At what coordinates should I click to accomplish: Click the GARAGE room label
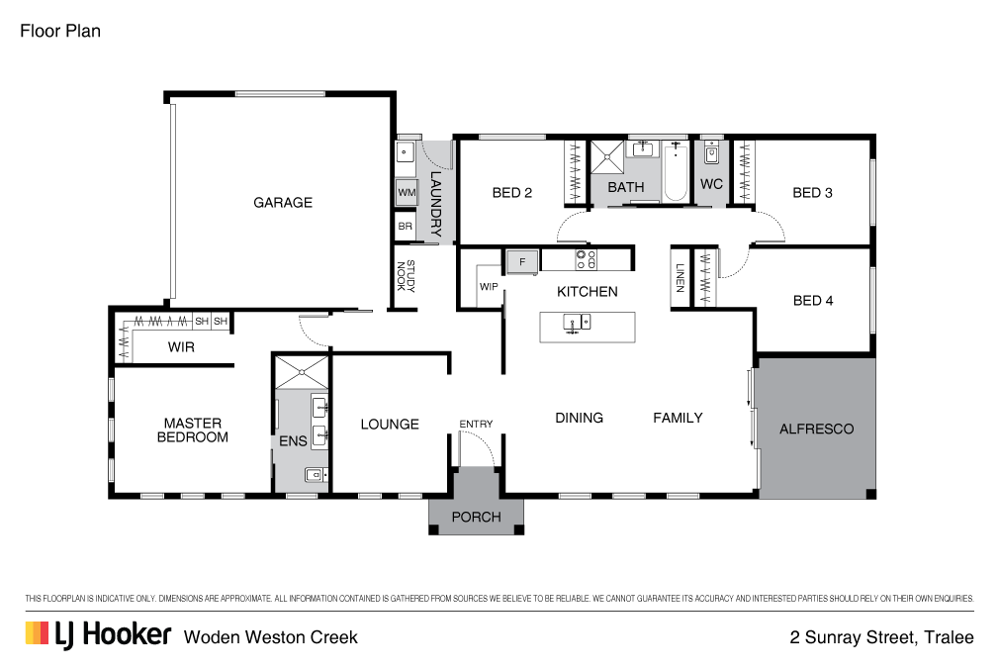[283, 202]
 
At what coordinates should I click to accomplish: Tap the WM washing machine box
[406, 192]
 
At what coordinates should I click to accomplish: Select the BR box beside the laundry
[405, 227]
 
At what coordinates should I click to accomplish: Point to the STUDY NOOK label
[407, 277]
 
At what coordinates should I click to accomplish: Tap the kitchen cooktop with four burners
[585, 260]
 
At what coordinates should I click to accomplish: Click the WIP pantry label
[489, 287]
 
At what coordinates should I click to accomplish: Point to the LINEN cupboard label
[680, 278]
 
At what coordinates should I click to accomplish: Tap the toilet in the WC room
[711, 155]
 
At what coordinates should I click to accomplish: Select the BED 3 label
[812, 193]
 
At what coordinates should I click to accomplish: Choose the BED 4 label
[813, 300]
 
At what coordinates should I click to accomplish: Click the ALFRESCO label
[816, 429]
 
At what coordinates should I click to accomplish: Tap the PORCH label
[476, 517]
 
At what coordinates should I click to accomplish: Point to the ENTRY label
[476, 424]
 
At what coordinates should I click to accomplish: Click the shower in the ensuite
[301, 371]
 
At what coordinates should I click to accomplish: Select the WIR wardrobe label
[181, 347]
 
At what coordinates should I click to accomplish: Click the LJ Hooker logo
[98, 634]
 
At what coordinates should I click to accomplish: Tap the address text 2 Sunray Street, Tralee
[881, 637]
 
